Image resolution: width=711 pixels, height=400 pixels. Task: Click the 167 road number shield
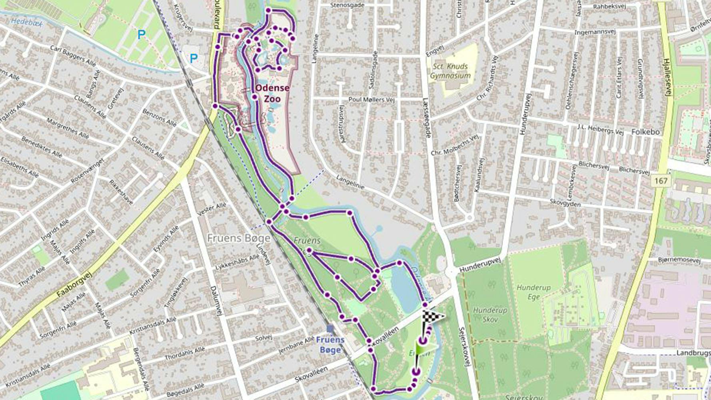click(x=661, y=181)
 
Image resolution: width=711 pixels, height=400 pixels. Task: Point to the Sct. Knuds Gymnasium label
click(x=450, y=71)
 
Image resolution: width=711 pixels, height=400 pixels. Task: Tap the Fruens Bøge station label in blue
click(x=330, y=345)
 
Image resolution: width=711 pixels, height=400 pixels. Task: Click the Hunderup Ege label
click(x=533, y=292)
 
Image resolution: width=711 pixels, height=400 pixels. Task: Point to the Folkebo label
click(x=645, y=132)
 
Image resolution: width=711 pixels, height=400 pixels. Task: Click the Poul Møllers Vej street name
click(x=371, y=99)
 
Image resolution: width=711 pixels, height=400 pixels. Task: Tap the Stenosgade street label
click(x=348, y=6)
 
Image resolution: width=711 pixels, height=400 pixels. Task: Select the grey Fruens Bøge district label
click(x=238, y=238)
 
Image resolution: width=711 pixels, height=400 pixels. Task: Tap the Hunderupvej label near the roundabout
click(x=480, y=265)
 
